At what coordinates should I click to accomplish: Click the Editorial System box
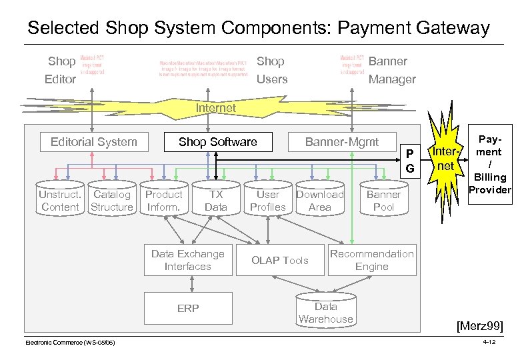[94, 141]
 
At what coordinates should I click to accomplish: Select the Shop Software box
[217, 141]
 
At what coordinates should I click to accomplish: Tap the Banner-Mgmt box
[341, 141]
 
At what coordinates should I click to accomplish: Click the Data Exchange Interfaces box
[188, 260]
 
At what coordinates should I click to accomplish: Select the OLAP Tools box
[279, 260]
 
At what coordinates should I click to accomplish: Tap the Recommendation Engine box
[371, 260]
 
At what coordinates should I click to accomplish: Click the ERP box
[188, 308]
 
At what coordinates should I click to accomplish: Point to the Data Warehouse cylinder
[325, 312]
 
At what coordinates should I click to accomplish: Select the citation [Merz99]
[479, 326]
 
